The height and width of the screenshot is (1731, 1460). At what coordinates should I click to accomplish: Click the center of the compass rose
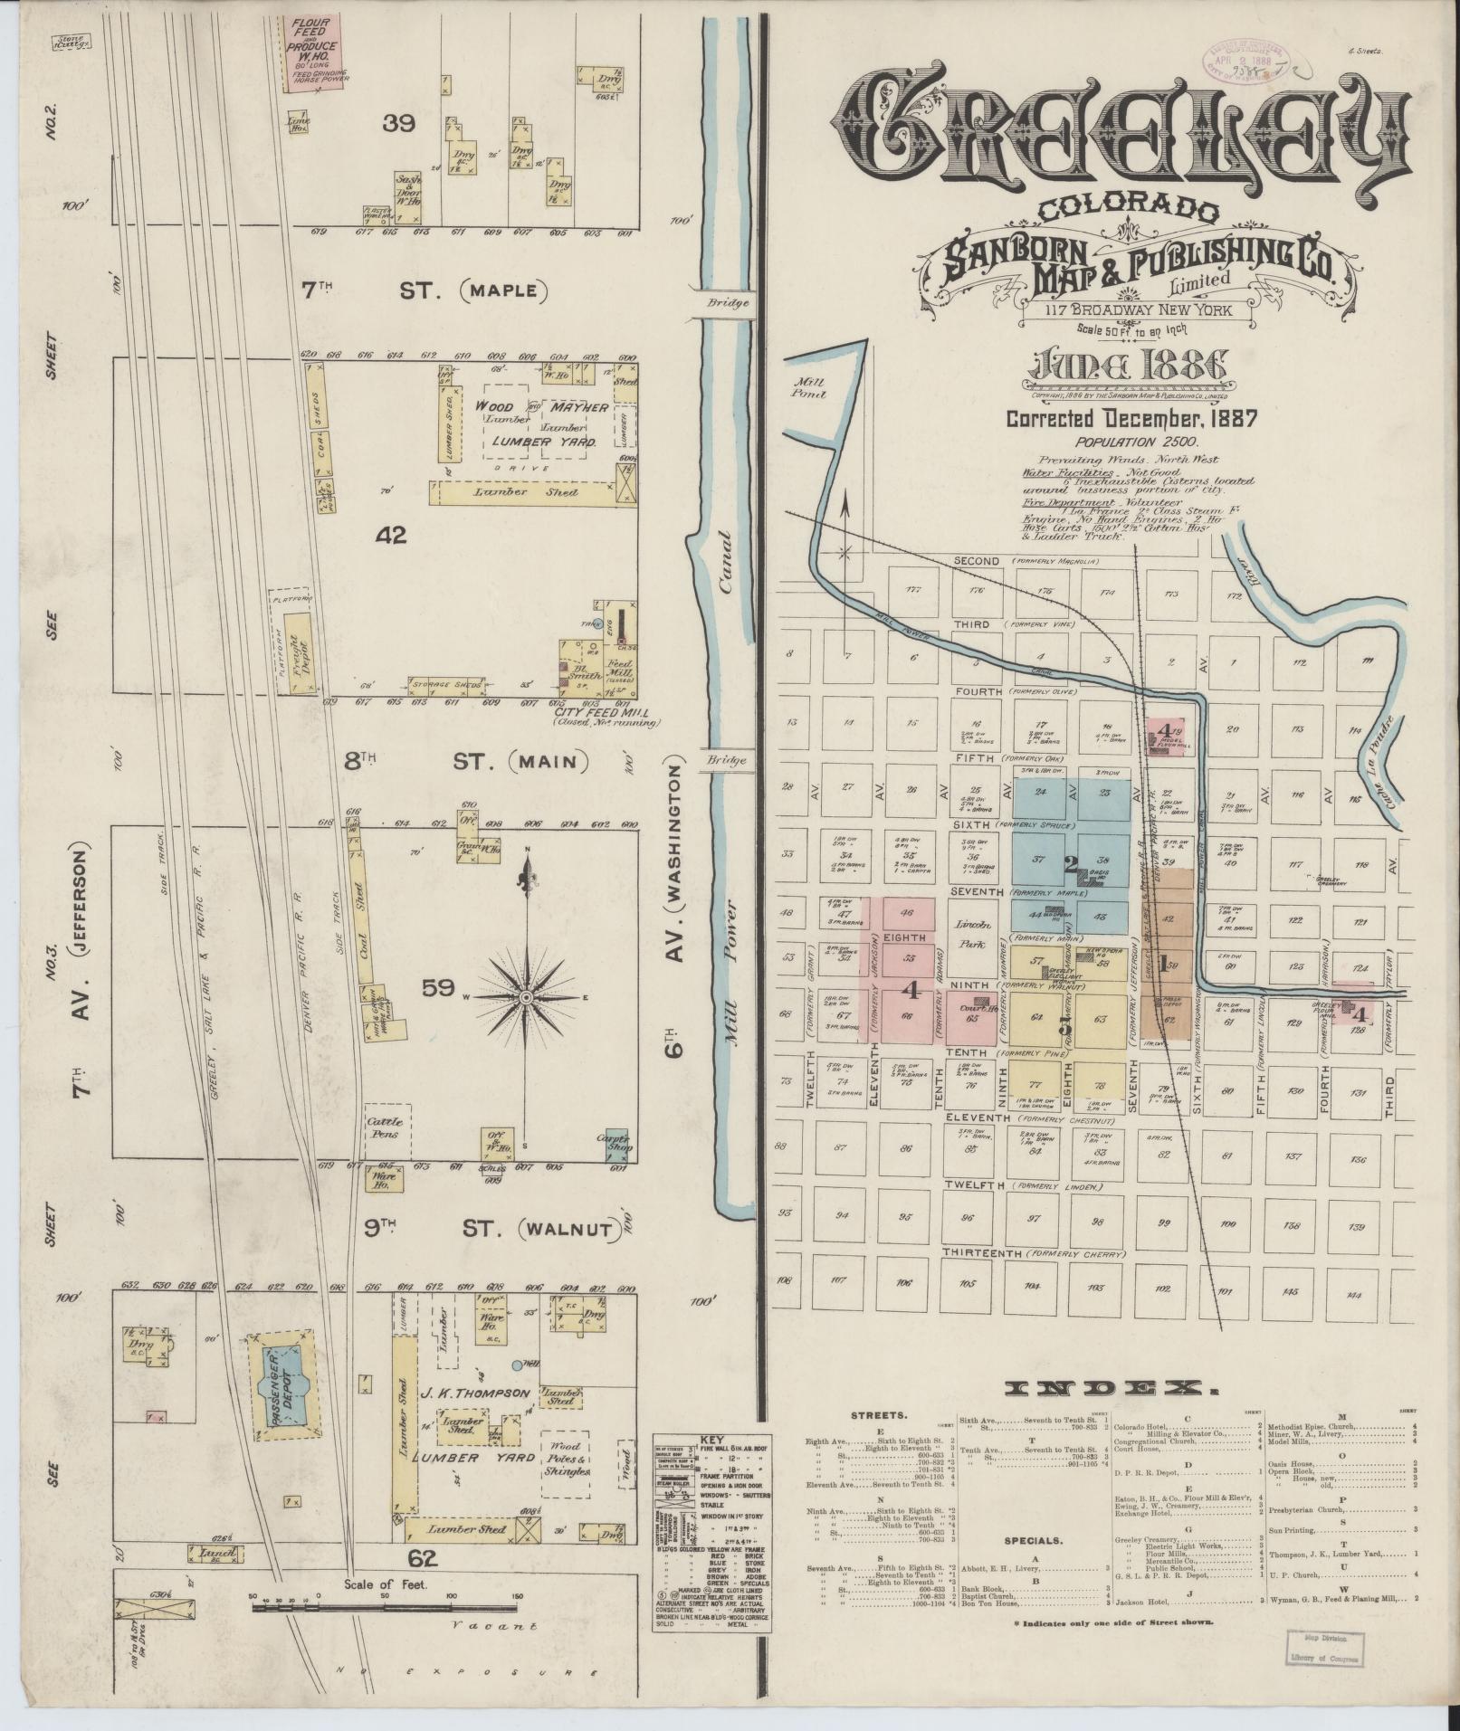point(525,996)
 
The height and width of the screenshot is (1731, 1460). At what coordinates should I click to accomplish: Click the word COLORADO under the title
point(1127,209)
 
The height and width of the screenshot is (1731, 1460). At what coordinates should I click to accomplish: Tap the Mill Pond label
point(804,388)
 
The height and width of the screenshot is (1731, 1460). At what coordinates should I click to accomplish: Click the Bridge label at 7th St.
point(730,303)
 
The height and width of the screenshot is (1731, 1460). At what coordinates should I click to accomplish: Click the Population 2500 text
point(1137,442)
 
